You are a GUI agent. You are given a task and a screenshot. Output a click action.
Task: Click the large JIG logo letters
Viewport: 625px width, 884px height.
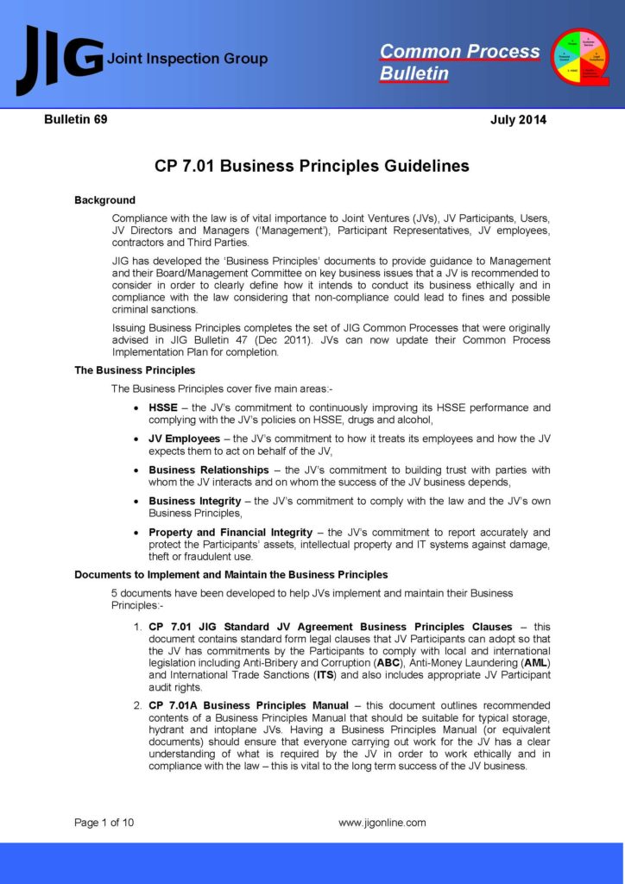[x=59, y=60]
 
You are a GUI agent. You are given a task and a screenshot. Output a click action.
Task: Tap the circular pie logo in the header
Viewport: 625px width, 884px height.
[x=580, y=58]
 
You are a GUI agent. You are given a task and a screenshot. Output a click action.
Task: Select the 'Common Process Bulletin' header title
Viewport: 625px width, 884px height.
[x=459, y=62]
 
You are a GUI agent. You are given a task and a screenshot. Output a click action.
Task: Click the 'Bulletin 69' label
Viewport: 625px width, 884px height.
[x=76, y=120]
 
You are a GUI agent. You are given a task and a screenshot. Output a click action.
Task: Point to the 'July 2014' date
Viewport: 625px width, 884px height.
[x=518, y=120]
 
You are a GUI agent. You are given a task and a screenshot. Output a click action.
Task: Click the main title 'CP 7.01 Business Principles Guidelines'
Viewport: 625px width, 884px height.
[x=312, y=166]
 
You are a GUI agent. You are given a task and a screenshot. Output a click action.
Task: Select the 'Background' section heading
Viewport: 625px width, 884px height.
[x=104, y=200]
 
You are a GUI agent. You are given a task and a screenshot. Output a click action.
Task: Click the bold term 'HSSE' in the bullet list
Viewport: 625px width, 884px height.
[x=163, y=407]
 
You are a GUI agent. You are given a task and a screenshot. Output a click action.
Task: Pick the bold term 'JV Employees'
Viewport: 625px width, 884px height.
[x=185, y=439]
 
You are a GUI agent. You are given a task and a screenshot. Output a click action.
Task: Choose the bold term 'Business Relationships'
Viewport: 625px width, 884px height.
[x=209, y=470]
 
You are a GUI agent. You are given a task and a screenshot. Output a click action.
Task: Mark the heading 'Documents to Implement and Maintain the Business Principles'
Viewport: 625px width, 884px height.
[x=230, y=574]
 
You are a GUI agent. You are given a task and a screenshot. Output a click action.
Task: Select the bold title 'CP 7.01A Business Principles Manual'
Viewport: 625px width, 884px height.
[x=249, y=705]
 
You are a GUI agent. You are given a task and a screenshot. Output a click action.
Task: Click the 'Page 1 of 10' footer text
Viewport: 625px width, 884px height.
[x=104, y=823]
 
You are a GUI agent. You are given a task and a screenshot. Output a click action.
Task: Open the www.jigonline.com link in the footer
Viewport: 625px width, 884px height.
[x=382, y=823]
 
